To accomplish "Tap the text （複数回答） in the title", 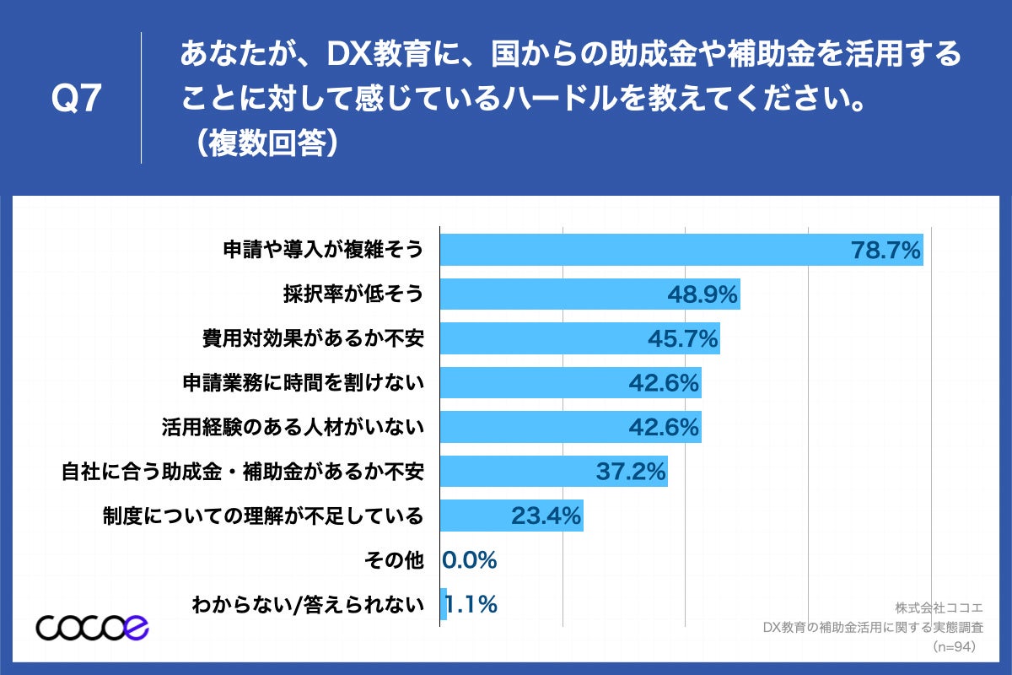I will pos(266,142).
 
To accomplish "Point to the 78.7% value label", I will pos(885,251).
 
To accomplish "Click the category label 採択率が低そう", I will pos(353,294).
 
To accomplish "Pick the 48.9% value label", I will pos(702,294).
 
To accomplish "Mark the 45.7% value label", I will pos(682,338).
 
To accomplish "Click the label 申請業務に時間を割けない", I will pos(303,383).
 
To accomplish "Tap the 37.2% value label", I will pos(632,471).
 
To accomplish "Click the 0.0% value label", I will pos(470,559).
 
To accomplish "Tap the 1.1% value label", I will pos(470,604).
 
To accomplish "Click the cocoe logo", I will pos(92,627).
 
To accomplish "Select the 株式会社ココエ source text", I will pos(934,607).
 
